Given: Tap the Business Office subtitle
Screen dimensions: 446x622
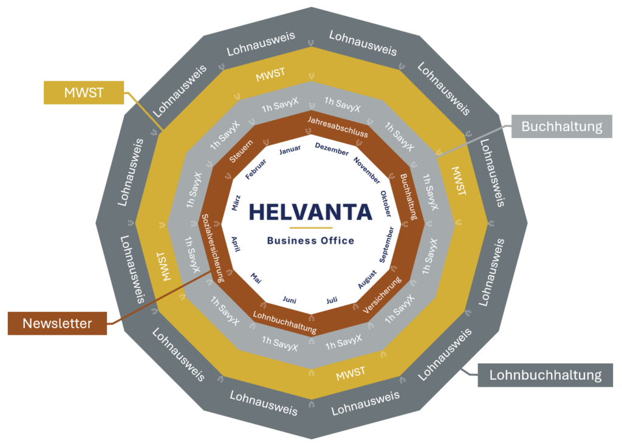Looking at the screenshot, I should click(x=310, y=241).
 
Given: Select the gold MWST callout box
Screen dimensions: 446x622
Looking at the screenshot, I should click(x=83, y=93).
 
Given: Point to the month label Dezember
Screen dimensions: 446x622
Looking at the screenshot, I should click(x=332, y=149).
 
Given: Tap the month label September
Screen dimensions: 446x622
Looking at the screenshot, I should click(x=386, y=244).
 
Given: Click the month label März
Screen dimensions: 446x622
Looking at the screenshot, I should click(x=236, y=202).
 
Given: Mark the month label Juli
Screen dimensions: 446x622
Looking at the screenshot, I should click(x=332, y=300).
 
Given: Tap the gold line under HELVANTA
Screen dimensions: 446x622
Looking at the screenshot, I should click(x=310, y=228).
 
